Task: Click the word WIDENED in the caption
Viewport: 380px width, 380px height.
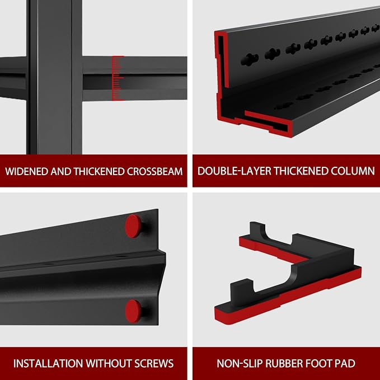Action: (x=27, y=171)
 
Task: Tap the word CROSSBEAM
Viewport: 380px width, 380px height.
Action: (x=154, y=171)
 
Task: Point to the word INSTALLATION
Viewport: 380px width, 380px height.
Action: (x=48, y=364)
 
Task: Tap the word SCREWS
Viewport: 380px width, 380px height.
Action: (x=154, y=364)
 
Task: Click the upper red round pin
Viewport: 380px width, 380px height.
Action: (x=133, y=226)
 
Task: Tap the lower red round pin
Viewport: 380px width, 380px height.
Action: (x=133, y=311)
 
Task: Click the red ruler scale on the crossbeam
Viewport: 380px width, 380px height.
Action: (x=118, y=78)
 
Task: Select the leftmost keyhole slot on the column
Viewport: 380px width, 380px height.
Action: (x=250, y=60)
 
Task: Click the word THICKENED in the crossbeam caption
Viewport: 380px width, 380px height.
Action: (x=100, y=171)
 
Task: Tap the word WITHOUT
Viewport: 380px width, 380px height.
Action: (x=109, y=364)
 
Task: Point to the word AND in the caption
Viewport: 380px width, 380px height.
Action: (x=62, y=171)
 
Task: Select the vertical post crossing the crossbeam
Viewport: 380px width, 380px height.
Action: (x=54, y=77)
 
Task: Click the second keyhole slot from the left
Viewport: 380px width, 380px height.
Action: (x=273, y=54)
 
